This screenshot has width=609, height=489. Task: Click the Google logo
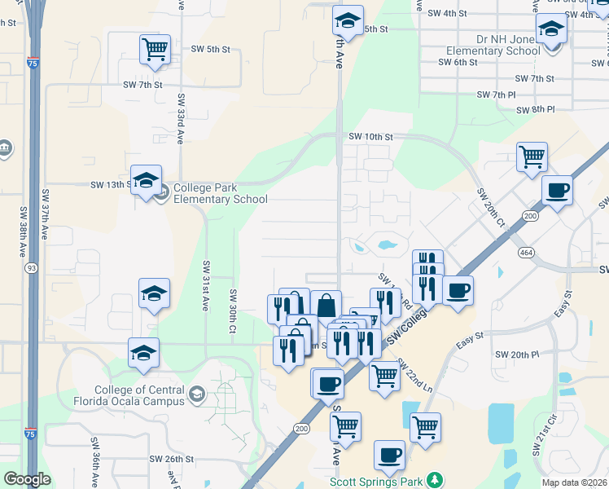pyautogui.click(x=27, y=479)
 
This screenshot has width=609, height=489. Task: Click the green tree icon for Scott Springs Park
pyautogui.click(x=436, y=479)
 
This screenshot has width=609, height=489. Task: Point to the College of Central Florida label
pyautogui.click(x=144, y=395)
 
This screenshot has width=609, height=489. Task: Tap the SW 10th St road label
pyautogui.click(x=370, y=137)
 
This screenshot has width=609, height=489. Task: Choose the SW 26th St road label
pyautogui.click(x=171, y=459)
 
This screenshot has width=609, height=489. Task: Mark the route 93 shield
pyautogui.click(x=30, y=268)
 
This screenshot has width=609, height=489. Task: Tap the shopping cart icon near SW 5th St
pyautogui.click(x=155, y=49)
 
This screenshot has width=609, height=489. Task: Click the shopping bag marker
pyautogui.click(x=326, y=306)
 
